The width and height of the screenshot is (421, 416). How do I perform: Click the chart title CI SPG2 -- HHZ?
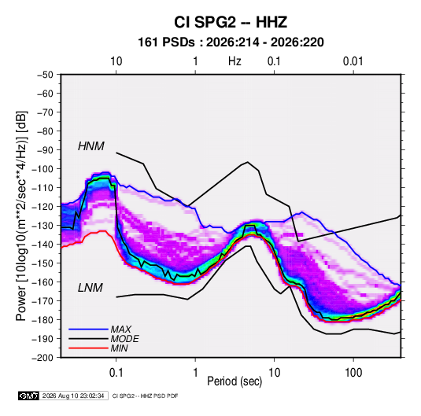(231, 22)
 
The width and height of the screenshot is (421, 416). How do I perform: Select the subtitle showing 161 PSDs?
(231, 42)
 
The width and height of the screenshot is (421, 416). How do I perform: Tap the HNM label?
(91, 146)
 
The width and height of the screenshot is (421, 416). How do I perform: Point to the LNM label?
(90, 288)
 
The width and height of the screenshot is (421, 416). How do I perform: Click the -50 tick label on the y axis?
(45, 75)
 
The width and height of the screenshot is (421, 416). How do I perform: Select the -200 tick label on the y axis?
(42, 358)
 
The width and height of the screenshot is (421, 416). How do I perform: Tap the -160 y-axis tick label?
(42, 282)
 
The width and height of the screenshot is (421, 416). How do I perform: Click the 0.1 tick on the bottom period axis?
(116, 373)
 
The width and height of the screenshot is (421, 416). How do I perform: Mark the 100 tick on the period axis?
(353, 373)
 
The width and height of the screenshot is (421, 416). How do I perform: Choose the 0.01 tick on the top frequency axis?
(353, 61)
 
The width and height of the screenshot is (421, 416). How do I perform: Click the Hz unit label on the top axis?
(235, 61)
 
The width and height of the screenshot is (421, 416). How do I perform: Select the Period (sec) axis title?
(235, 381)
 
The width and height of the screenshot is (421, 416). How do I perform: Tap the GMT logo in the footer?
(29, 396)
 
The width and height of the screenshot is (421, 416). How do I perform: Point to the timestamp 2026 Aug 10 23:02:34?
(73, 396)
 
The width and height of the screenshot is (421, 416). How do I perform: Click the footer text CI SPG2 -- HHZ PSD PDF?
(145, 396)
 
